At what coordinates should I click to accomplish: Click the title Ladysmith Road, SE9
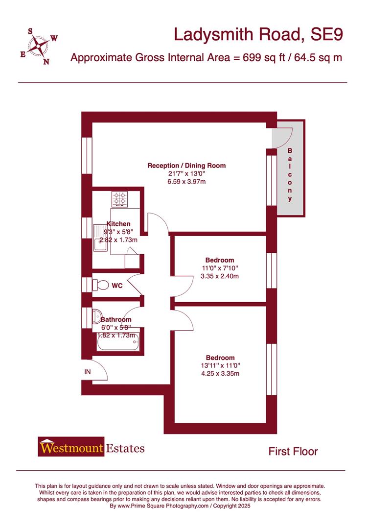pos(258,35)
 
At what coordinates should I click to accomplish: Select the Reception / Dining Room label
pos(186,166)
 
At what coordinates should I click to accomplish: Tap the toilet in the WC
pos(101,285)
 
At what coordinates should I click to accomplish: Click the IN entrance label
pos(88,372)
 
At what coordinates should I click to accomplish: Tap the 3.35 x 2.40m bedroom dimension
pos(220,276)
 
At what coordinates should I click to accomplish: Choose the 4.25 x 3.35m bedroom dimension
pos(220,374)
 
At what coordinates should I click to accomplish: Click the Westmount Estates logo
pos(91,448)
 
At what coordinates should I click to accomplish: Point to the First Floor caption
pos(293,451)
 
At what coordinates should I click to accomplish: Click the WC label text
pos(117,285)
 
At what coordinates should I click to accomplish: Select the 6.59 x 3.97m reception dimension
pos(186,181)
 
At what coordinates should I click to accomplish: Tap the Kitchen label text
pos(118,224)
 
